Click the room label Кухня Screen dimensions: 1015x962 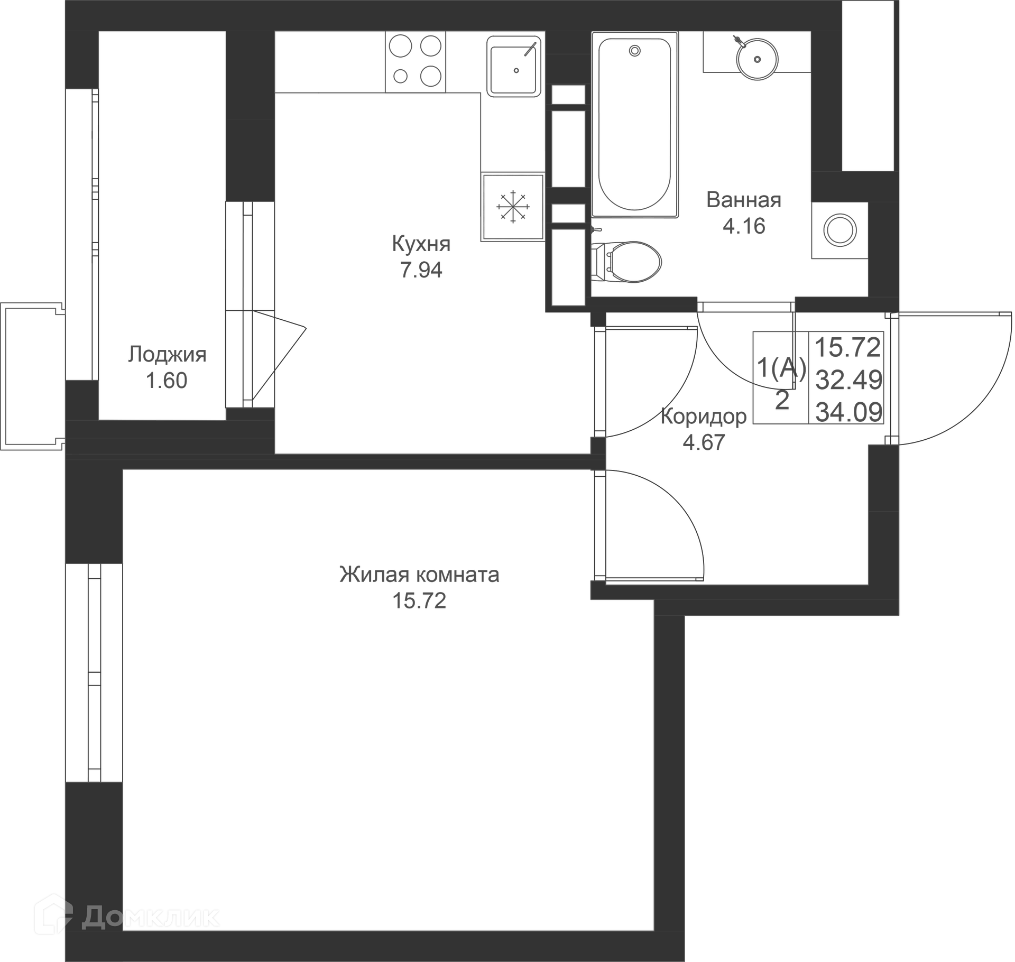coord(421,245)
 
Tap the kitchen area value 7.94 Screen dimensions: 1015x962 coord(421,270)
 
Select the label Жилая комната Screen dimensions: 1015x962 coord(419,575)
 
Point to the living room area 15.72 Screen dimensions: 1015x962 coord(419,600)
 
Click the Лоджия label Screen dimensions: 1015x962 coord(167,354)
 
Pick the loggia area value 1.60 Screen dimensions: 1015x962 coord(167,381)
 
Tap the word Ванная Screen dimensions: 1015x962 coord(744,200)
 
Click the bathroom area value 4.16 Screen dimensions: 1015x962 coord(744,226)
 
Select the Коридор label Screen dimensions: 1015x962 coord(704,417)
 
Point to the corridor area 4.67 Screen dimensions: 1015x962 coord(704,442)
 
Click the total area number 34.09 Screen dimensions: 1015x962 coord(849,412)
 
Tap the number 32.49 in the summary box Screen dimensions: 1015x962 coord(849,380)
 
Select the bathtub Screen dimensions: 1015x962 coord(635,125)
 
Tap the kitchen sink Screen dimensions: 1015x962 coord(514,67)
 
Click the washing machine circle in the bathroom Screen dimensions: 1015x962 coord(840,230)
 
